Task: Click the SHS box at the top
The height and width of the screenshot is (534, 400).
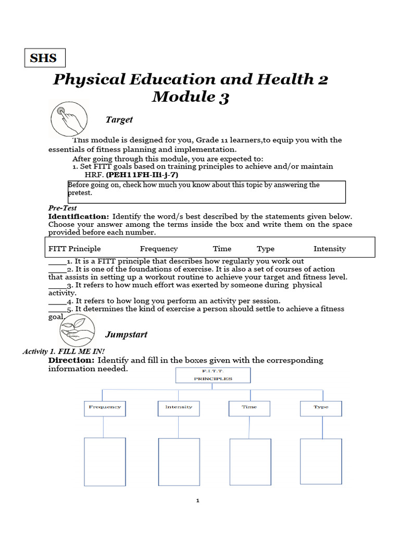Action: [x=45, y=58]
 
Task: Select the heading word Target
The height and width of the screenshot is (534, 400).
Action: [x=119, y=120]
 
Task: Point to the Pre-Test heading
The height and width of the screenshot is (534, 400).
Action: [x=63, y=208]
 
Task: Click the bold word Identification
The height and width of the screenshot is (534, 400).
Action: [x=79, y=216]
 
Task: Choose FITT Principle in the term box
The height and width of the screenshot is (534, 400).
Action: [x=74, y=249]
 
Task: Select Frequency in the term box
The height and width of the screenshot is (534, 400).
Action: [x=159, y=249]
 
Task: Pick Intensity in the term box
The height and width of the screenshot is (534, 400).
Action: [x=329, y=249]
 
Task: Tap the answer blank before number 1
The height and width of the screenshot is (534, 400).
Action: [x=57, y=261]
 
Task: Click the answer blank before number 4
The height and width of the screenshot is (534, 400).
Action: [x=57, y=301]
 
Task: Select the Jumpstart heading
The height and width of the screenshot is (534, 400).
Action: [x=126, y=334]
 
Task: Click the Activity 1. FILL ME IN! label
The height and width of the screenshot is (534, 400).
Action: [x=64, y=351]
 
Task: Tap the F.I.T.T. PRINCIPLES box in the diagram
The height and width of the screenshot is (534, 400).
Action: [x=213, y=375]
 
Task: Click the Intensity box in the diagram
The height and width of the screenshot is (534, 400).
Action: [x=179, y=408]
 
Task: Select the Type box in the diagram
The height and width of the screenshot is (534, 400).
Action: [x=321, y=408]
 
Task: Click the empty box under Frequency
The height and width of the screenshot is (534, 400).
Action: [x=105, y=462]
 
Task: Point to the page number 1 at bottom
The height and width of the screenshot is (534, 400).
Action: [x=198, y=501]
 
